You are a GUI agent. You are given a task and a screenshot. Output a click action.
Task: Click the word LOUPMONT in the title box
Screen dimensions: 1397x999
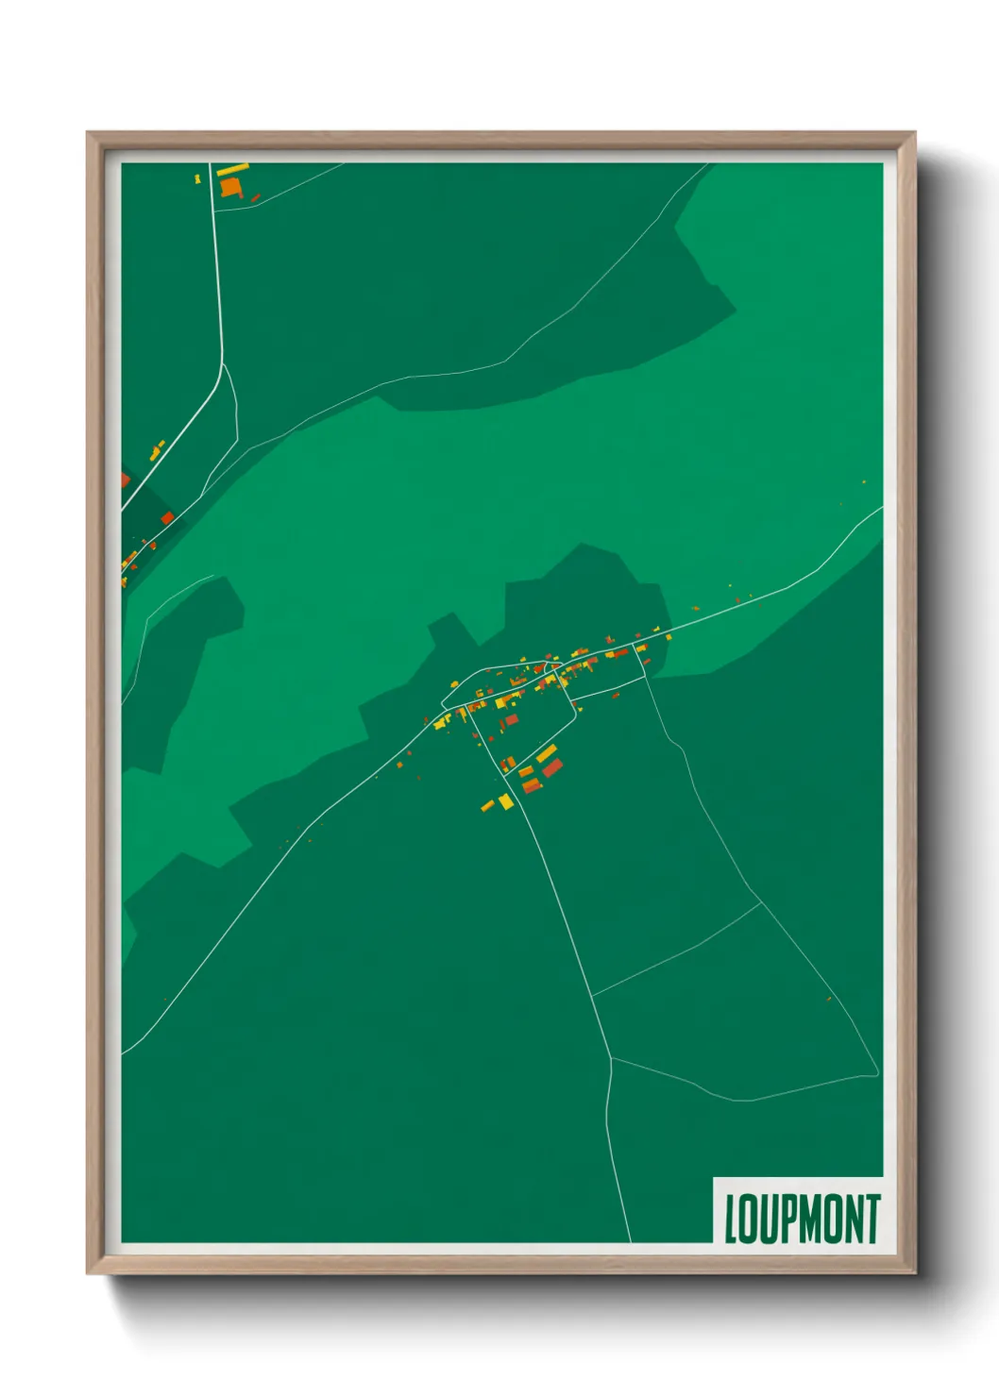[802, 1219]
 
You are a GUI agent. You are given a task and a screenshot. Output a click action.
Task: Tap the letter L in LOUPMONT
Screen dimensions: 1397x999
[731, 1219]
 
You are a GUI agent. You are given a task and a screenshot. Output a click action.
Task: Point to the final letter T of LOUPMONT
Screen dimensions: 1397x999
[872, 1219]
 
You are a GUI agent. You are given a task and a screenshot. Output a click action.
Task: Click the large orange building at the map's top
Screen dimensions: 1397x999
[230, 186]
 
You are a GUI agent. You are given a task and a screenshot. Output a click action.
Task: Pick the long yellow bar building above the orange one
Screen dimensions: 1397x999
[232, 170]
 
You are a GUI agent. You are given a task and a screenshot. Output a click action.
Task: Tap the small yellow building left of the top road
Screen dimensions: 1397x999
[197, 177]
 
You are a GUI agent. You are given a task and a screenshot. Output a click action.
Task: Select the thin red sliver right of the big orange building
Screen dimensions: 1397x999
[254, 198]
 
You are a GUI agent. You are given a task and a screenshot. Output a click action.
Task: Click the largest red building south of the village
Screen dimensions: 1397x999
[551, 767]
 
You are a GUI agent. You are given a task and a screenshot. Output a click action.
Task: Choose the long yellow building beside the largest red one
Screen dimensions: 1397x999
[546, 753]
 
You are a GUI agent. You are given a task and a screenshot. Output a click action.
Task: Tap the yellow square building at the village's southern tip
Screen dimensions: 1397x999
[506, 802]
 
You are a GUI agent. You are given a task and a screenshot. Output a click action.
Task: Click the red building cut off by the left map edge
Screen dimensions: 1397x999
[125, 480]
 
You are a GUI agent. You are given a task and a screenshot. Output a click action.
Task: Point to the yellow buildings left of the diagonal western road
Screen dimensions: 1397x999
[157, 449]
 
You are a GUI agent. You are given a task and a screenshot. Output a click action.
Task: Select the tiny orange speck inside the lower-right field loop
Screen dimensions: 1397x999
[829, 998]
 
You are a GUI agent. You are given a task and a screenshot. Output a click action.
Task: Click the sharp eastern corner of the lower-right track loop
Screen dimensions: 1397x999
[878, 1073]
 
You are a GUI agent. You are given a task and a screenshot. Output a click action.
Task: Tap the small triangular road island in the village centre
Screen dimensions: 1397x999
[559, 676]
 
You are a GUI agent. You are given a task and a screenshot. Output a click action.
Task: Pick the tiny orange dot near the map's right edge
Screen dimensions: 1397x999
[863, 482]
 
